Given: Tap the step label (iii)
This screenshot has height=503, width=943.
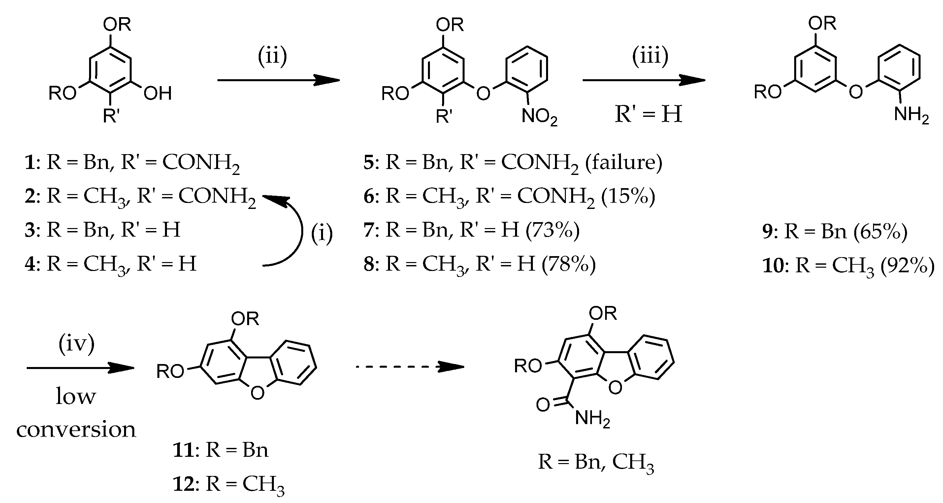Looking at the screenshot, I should [x=650, y=56].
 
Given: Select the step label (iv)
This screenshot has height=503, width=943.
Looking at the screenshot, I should [x=77, y=344].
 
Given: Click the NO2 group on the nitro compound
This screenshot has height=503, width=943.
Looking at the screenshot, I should [x=539, y=117].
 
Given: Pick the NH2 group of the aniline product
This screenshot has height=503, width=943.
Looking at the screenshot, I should [x=911, y=115].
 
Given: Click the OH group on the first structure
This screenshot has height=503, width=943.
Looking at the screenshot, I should [x=157, y=94].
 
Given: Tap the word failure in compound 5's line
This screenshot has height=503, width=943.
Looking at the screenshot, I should [x=624, y=162].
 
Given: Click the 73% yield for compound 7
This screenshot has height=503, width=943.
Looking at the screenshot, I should [x=552, y=230].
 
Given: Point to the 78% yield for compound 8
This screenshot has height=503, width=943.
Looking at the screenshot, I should [x=569, y=264].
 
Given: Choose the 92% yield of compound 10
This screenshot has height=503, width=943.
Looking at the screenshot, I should [x=907, y=266].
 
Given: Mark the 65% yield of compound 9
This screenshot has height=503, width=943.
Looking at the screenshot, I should [x=880, y=232].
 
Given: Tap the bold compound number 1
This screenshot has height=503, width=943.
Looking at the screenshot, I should [x=29, y=162].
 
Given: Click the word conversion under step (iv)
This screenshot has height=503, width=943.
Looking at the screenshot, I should [x=76, y=429].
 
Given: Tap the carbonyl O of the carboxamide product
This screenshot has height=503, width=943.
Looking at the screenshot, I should [x=543, y=405].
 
